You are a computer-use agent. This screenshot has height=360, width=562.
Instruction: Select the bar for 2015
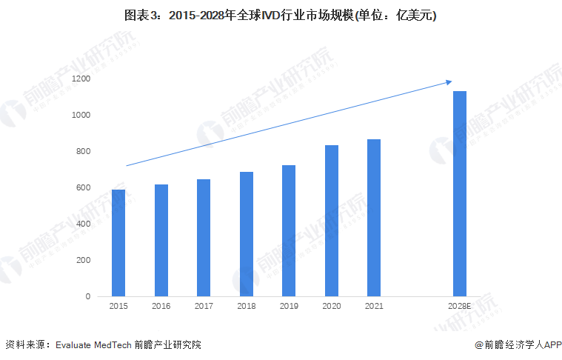[x=118, y=243]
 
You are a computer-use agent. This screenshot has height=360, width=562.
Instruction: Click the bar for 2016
[x=161, y=240]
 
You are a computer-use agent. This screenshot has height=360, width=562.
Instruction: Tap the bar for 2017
[x=204, y=238]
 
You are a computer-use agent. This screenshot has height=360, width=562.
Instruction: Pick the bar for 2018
[x=246, y=234]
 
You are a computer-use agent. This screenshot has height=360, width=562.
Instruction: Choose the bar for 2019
[x=289, y=230]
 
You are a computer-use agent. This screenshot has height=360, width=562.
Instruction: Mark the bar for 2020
[x=331, y=221]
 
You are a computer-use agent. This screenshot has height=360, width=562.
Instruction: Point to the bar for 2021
[x=374, y=218]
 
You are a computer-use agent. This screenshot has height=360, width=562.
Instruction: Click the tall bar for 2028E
[x=459, y=193]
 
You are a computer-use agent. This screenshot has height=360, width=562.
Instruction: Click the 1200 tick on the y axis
[x=81, y=79]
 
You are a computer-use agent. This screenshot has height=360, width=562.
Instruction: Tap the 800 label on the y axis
[x=83, y=151]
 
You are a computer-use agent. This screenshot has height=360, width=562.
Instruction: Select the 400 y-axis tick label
[x=83, y=224]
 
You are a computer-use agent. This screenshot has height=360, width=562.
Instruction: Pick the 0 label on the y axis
[x=87, y=296]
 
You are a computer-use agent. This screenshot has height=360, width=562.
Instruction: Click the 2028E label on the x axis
[x=459, y=306]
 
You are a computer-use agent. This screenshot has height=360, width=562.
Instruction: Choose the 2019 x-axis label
[x=289, y=306]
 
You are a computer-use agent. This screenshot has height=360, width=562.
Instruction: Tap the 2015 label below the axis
[x=118, y=306]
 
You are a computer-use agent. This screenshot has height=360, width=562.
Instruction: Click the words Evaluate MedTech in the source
[x=93, y=344]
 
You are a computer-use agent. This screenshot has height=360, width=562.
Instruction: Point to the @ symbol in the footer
[x=479, y=344]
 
